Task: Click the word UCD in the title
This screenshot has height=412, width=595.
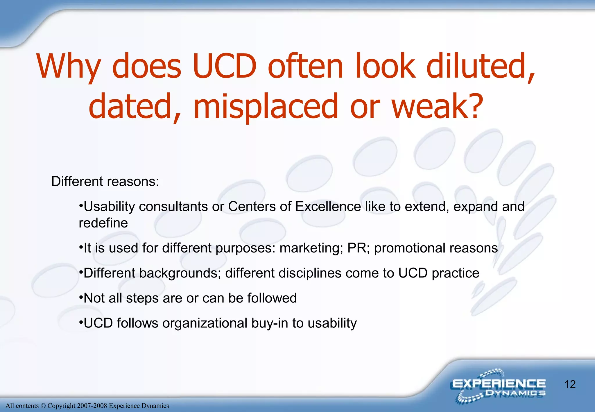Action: pyautogui.click(x=224, y=66)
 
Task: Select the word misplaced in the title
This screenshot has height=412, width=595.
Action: pyautogui.click(x=266, y=106)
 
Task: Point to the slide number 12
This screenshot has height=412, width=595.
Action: pyautogui.click(x=570, y=384)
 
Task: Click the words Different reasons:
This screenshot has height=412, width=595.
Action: pyautogui.click(x=105, y=182)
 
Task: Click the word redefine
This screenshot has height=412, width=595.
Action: pyautogui.click(x=103, y=223)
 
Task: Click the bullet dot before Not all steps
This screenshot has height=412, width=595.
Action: pyautogui.click(x=81, y=297)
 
